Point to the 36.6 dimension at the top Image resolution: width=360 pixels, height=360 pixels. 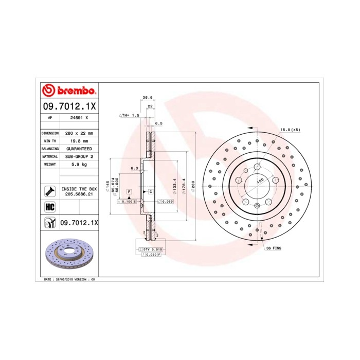point(147,97)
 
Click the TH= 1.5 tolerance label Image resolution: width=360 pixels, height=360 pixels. point(129,115)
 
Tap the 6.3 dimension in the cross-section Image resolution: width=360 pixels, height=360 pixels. point(134,168)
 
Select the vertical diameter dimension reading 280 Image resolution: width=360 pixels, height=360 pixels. point(193,185)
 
